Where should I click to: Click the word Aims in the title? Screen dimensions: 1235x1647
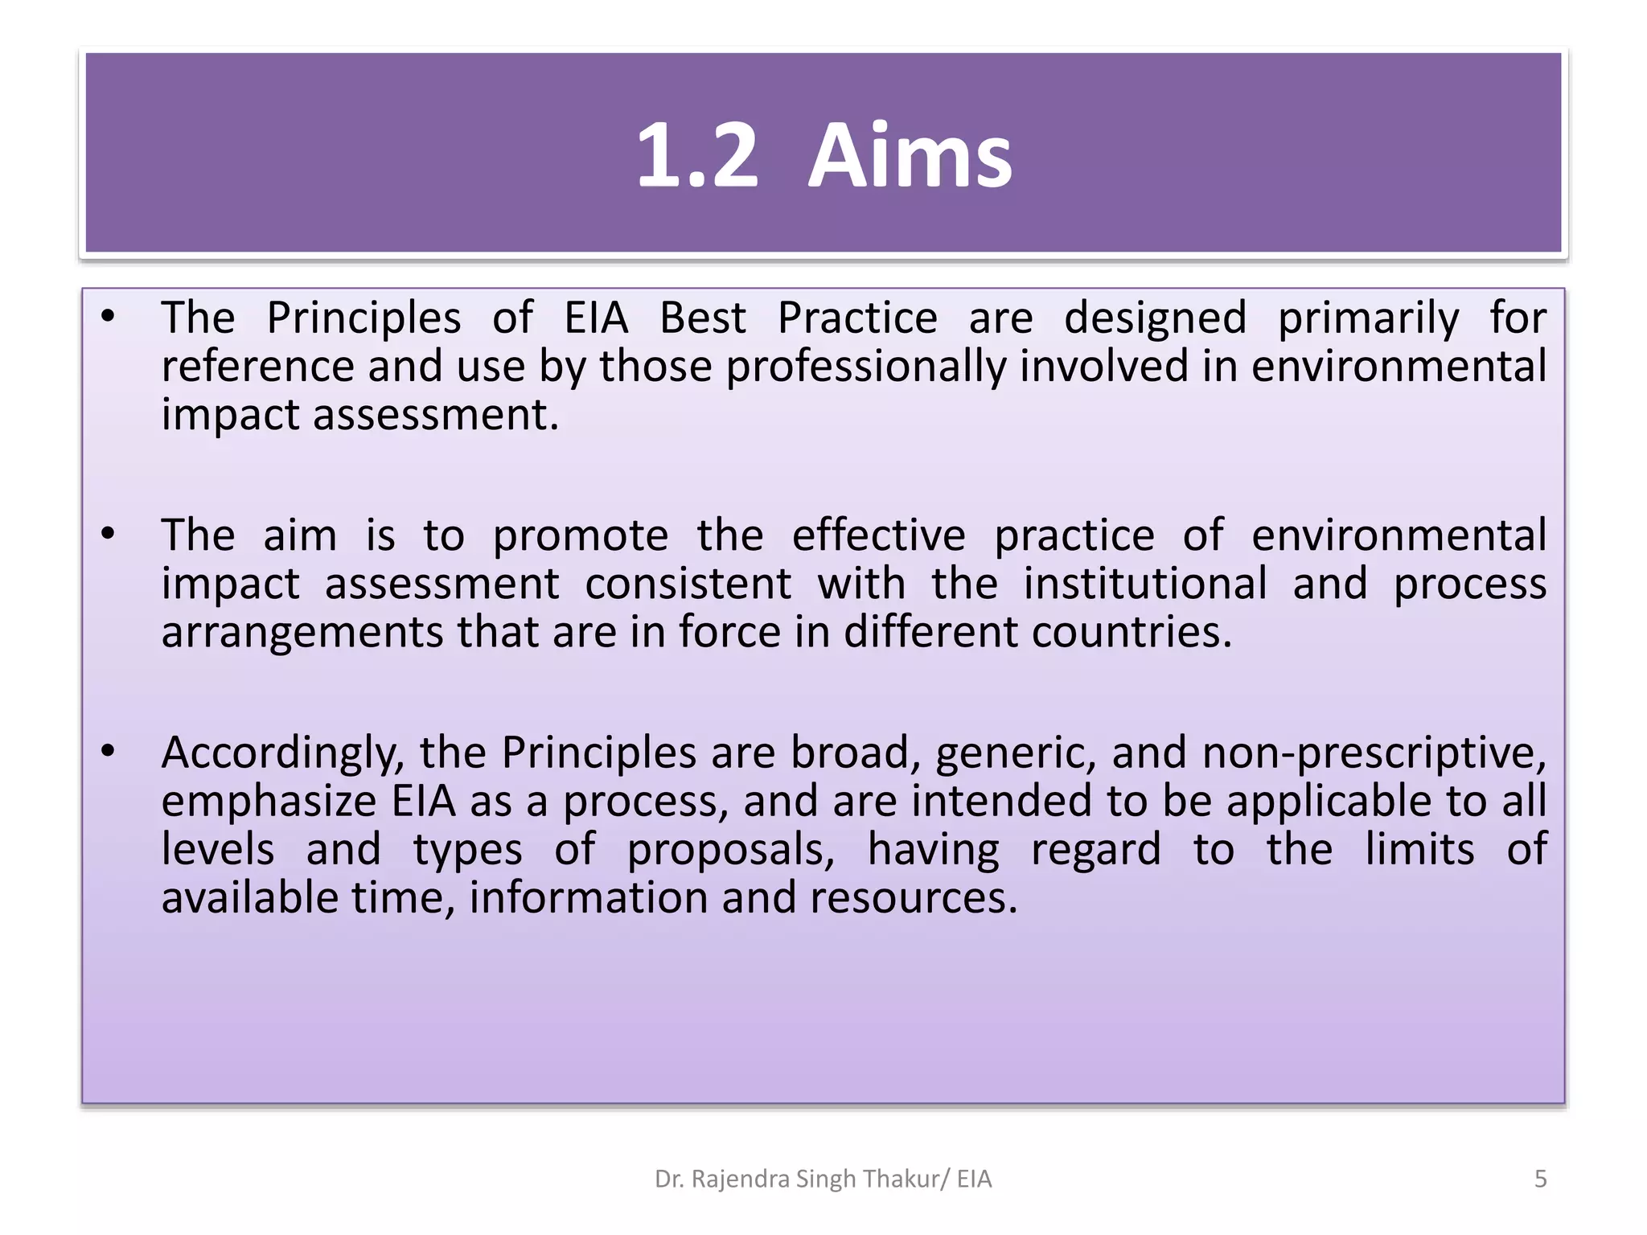(x=910, y=156)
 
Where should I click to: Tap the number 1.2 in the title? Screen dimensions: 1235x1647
(x=697, y=156)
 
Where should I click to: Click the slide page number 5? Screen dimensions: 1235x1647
(x=1540, y=1179)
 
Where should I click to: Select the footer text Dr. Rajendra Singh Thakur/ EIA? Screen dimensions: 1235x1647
(x=823, y=1179)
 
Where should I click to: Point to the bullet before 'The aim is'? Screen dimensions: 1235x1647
(x=109, y=534)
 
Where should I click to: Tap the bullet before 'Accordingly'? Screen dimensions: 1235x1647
(x=109, y=751)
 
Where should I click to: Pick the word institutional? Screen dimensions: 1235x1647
(x=1144, y=584)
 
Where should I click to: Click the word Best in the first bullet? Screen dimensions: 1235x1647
(x=702, y=318)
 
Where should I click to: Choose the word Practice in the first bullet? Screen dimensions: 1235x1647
(x=857, y=318)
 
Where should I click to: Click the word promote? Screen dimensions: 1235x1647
(x=580, y=537)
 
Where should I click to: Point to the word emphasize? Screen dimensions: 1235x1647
(x=269, y=802)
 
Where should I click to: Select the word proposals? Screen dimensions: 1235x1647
(x=731, y=851)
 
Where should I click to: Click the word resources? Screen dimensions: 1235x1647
(x=913, y=899)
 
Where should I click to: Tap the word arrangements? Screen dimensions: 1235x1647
(x=302, y=634)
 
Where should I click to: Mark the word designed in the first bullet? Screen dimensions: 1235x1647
(x=1155, y=318)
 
